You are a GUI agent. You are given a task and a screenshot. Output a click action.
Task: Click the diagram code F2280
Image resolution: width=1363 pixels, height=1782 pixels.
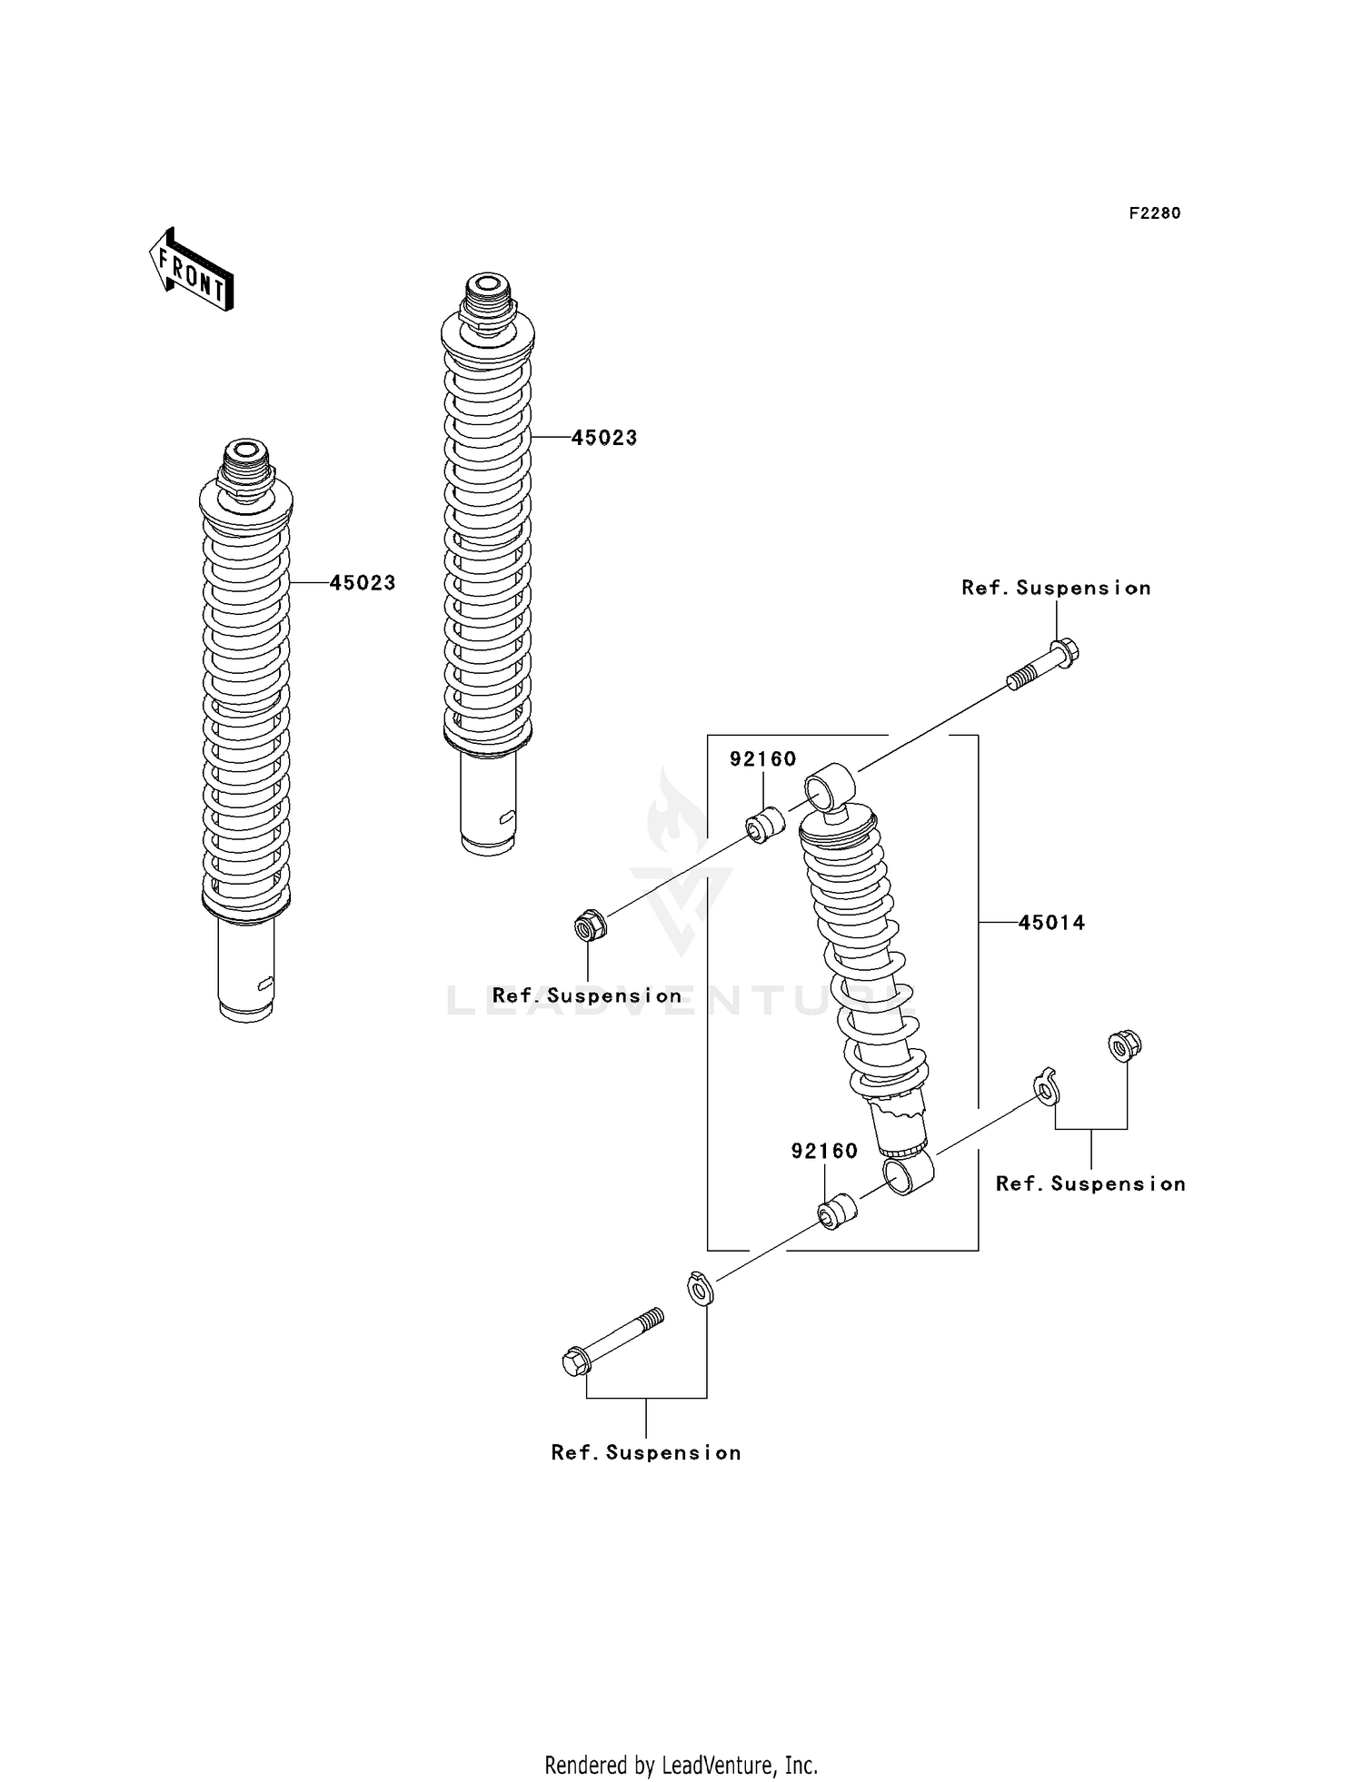1154,213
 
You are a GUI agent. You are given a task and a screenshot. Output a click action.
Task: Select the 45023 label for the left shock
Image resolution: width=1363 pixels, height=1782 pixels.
363,583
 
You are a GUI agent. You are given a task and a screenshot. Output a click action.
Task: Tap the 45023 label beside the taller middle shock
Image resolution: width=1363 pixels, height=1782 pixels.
604,438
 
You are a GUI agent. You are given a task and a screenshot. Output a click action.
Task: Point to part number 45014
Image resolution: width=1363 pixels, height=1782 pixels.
1051,923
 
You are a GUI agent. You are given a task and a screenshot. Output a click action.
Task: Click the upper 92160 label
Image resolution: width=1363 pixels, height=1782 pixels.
762,759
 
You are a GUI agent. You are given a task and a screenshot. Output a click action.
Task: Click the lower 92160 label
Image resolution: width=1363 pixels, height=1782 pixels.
824,1152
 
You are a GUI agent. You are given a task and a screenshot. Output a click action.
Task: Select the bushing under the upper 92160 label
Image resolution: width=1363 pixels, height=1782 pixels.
765,824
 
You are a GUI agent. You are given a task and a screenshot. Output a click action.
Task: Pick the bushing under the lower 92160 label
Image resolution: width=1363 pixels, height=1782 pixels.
837,1212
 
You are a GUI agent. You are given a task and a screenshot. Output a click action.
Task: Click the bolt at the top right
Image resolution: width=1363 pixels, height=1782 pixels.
1045,666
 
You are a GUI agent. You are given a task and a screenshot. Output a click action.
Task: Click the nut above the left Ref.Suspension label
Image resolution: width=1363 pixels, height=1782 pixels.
590,926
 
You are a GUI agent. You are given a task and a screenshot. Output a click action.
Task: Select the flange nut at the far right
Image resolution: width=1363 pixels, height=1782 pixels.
1125,1045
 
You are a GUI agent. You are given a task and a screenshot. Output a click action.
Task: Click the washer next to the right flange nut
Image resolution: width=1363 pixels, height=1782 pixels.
1047,1087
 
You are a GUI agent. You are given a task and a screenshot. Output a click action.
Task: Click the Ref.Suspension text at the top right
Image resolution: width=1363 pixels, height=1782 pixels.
1056,589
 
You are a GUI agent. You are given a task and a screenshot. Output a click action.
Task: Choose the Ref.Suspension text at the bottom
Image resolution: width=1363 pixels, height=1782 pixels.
646,1453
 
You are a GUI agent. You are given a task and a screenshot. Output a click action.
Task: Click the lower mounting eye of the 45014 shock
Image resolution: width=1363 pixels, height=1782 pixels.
908,1173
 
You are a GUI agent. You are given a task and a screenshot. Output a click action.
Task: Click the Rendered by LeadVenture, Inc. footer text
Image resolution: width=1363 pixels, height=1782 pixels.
681,1766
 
